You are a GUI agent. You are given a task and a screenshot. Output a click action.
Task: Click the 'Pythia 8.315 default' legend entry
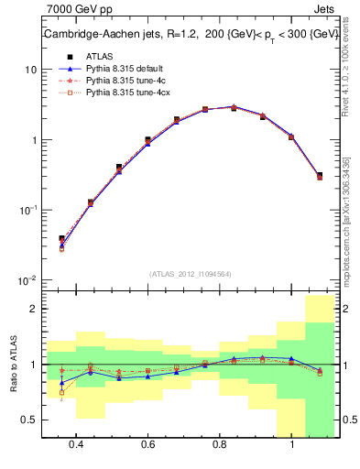tap(123, 68)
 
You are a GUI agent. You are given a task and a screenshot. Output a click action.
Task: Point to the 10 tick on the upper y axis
tap(30, 71)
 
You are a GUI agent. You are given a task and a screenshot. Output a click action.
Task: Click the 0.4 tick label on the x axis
tap(76, 444)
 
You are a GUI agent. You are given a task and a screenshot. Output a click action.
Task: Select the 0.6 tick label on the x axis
tap(147, 444)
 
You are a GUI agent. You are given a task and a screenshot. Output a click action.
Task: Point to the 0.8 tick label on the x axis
tap(220, 444)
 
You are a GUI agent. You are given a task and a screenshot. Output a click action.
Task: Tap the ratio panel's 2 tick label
tap(34, 310)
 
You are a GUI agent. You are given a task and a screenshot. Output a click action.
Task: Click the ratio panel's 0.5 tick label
tap(30, 420)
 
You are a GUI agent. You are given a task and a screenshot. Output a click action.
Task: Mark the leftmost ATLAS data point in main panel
tap(61, 238)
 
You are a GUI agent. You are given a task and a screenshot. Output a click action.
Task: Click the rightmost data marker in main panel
tap(319, 175)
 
